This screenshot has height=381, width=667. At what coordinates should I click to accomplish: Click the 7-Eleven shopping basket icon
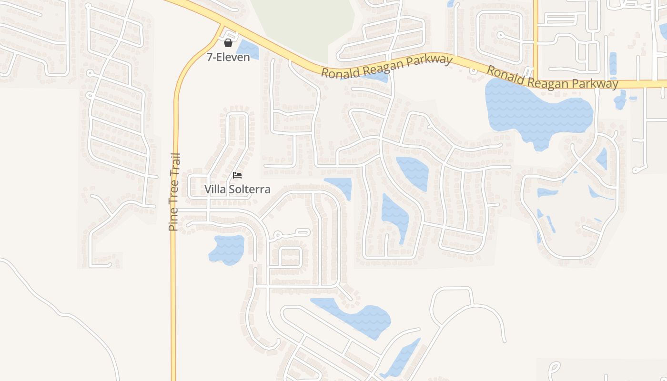coord(228,43)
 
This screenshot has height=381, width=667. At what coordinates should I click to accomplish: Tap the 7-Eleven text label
coord(228,57)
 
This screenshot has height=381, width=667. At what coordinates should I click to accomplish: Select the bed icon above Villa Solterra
coord(237,175)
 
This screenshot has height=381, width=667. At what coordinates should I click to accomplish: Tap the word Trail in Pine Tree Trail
coord(174,165)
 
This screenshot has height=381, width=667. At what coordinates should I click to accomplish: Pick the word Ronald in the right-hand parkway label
coord(505,75)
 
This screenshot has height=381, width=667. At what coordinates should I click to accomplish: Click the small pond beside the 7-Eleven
coord(247,49)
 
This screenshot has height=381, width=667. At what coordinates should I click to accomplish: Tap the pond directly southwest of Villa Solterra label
coord(227,249)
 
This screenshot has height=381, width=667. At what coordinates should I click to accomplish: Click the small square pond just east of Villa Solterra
coord(339,186)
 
